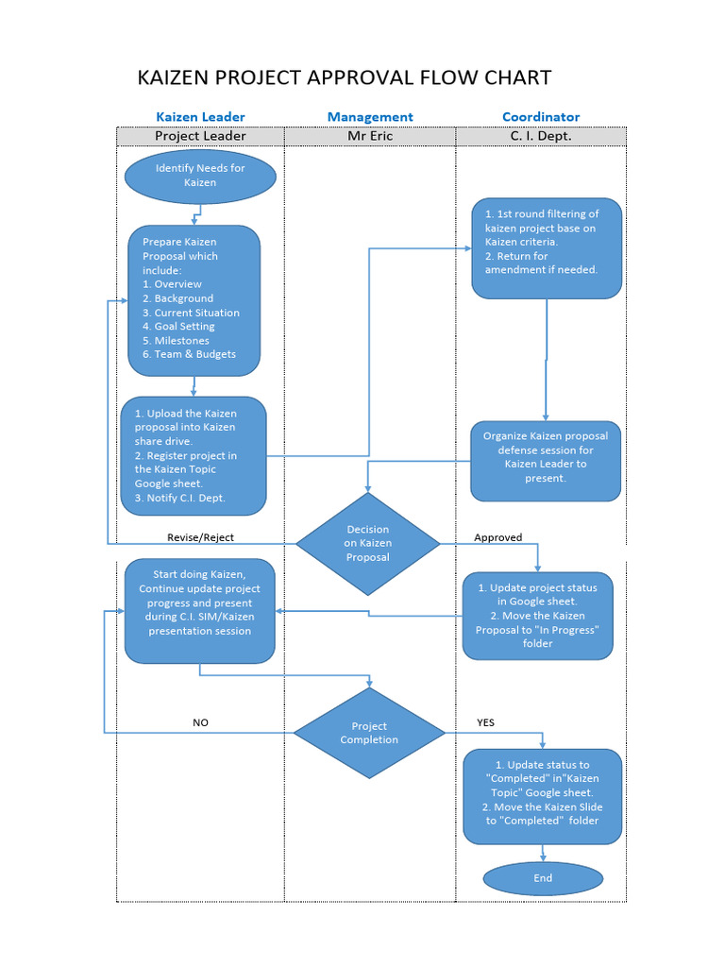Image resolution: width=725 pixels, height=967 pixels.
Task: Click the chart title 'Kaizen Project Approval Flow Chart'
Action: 344,77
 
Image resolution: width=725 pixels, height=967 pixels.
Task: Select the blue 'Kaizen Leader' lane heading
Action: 200,117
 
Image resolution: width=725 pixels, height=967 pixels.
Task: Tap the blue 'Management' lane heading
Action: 370,117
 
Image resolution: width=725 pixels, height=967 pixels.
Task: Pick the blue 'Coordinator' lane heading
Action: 541,117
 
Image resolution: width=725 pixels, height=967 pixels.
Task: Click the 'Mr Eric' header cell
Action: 370,136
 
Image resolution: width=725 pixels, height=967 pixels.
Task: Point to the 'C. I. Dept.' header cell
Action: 541,136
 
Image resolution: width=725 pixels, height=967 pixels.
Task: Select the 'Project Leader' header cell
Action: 200,136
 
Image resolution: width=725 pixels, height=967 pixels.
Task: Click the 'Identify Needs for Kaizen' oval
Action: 200,176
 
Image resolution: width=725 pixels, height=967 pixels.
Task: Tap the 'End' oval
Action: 543,878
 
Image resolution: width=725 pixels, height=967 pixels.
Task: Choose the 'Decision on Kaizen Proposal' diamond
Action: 368,544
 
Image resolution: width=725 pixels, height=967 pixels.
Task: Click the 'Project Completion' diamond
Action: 369,734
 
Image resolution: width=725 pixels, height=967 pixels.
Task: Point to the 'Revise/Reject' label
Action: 200,537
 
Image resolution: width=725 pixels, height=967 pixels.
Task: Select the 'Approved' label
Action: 497,537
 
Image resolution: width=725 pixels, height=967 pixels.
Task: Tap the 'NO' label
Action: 200,722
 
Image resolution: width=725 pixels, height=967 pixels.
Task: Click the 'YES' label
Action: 485,722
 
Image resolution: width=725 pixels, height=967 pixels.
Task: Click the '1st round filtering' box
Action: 547,248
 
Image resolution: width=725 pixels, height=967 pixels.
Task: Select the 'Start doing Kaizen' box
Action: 200,610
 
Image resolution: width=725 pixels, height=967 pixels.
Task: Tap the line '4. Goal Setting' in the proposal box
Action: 178,327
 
